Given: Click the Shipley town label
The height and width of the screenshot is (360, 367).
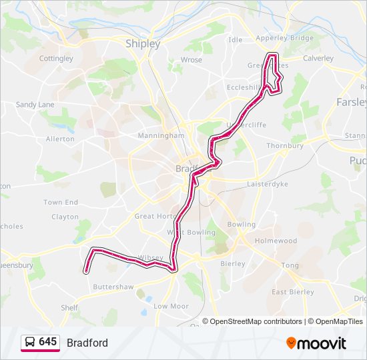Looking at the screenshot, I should (143, 44).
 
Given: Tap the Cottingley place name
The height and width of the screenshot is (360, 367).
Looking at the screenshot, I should (56, 59).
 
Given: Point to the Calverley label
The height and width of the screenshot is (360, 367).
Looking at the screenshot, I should (318, 58).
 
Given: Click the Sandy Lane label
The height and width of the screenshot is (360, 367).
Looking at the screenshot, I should (35, 105).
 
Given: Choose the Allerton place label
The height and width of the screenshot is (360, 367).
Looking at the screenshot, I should (60, 139).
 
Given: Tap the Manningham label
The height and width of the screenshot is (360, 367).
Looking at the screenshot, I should (160, 135).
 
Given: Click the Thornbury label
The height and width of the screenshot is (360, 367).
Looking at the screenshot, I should (285, 145).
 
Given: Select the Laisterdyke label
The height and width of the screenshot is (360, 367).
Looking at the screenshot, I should (266, 183).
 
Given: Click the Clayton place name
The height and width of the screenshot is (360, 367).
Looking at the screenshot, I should (65, 217).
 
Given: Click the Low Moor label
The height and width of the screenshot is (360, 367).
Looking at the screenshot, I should (170, 306).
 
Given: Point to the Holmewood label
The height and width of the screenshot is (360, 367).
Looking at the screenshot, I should (276, 241).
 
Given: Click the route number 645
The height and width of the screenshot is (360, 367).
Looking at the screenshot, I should (47, 342).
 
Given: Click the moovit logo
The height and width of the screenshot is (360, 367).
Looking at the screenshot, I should (316, 343).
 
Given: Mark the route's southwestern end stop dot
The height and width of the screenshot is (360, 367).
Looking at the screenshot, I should (86, 271).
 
